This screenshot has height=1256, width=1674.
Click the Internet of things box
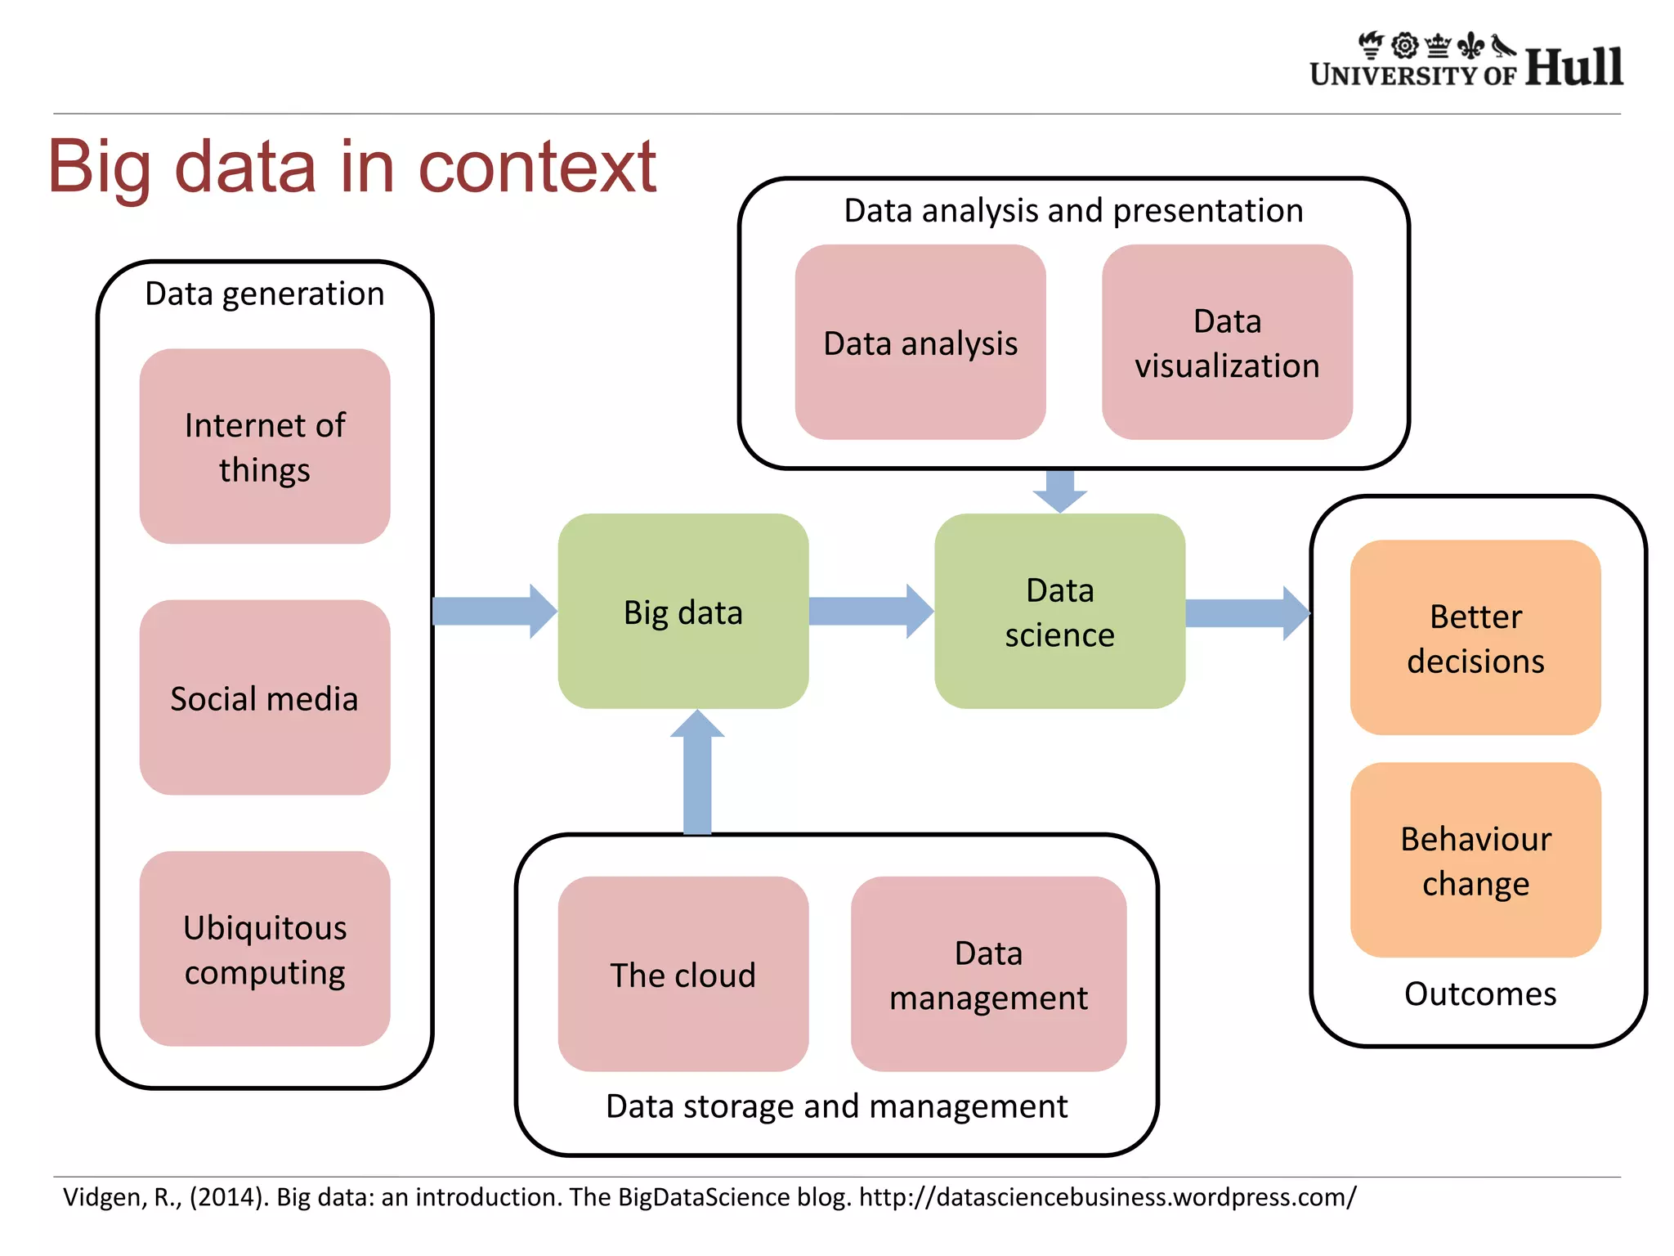(x=264, y=446)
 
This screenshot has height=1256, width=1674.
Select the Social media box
(x=264, y=698)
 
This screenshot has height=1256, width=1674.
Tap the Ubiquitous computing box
(x=264, y=949)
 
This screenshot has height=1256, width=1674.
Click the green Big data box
(x=683, y=612)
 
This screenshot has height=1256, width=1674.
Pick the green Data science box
(x=1059, y=612)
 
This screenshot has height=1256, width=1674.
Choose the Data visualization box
(x=1227, y=343)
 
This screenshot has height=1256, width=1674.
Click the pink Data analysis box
(x=920, y=343)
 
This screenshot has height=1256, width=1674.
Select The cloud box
(x=683, y=974)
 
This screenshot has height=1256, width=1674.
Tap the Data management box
(x=988, y=974)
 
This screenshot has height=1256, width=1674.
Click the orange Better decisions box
(x=1475, y=638)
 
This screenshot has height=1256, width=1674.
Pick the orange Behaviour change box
(x=1475, y=860)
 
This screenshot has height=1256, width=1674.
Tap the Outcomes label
(x=1479, y=994)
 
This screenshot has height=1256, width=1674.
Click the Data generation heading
(x=264, y=294)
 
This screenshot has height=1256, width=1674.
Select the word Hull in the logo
(x=1573, y=67)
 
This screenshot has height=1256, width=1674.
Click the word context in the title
(x=537, y=168)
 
